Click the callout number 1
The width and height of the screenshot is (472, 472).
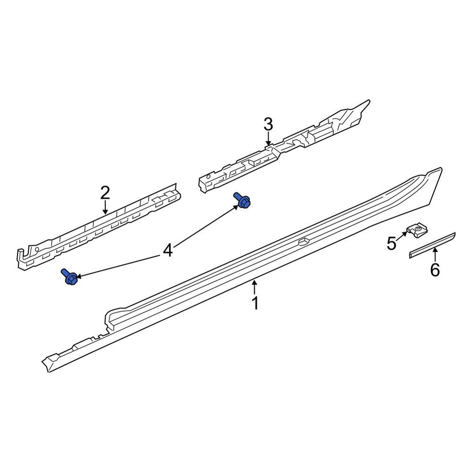pos(255,303)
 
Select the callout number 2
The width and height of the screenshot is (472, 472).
pos(105,193)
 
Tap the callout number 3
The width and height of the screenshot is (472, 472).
pos(268,125)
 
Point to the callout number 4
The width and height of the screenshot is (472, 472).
pos(168,251)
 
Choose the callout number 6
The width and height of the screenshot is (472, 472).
pos(435,270)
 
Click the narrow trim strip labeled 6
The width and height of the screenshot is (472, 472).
pos(432,245)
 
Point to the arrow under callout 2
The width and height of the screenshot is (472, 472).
pos(105,207)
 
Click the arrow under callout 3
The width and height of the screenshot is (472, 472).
pos(268,139)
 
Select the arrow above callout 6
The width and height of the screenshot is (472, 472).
pos(435,255)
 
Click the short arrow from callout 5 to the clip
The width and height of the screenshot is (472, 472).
pos(401,236)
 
